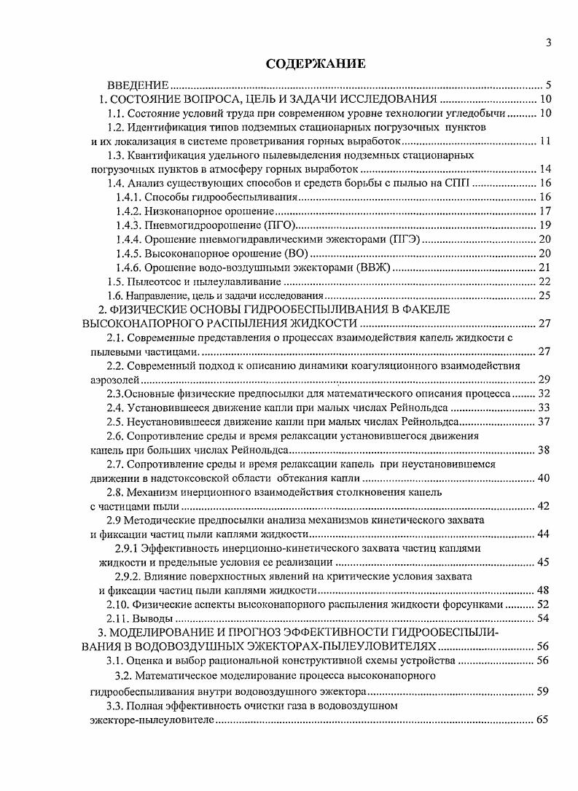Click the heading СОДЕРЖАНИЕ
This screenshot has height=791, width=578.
point(315,63)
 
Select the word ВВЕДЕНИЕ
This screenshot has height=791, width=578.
point(138,85)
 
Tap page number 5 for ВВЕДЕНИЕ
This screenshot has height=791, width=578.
point(548,85)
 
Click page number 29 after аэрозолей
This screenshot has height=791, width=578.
point(544,380)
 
